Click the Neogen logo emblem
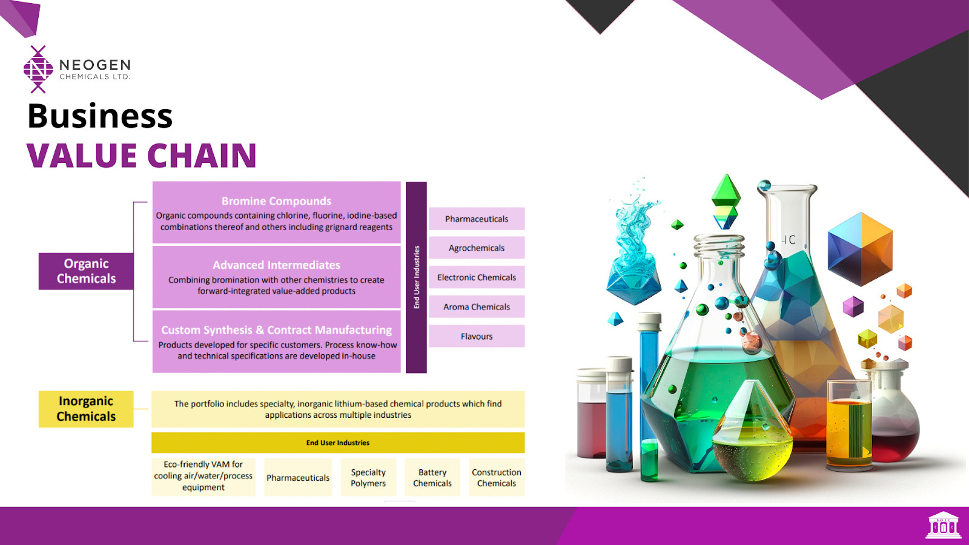point(38,69)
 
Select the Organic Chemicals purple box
point(86,271)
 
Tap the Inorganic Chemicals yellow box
point(86,409)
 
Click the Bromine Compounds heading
point(276,201)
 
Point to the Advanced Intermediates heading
point(276,265)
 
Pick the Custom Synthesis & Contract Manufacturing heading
point(276,330)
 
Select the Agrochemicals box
point(477,248)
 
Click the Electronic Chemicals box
point(477,277)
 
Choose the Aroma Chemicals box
point(477,307)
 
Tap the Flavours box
point(477,336)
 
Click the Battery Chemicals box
point(432,478)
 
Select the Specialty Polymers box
point(368,478)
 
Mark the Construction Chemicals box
point(497,478)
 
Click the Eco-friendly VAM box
point(203,476)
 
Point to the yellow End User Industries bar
point(338,443)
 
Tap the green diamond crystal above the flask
point(726,193)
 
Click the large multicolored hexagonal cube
point(860,248)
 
